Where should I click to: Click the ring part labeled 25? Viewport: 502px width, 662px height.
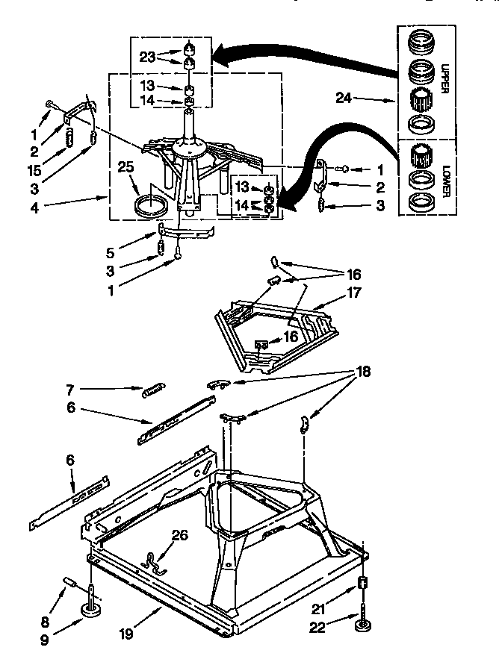point(149,204)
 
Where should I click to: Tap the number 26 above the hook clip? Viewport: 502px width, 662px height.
point(180,534)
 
